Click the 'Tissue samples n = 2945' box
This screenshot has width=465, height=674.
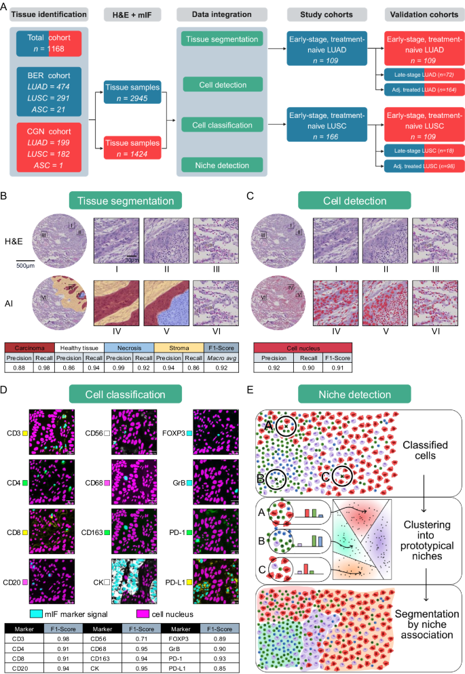[x=132, y=94]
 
